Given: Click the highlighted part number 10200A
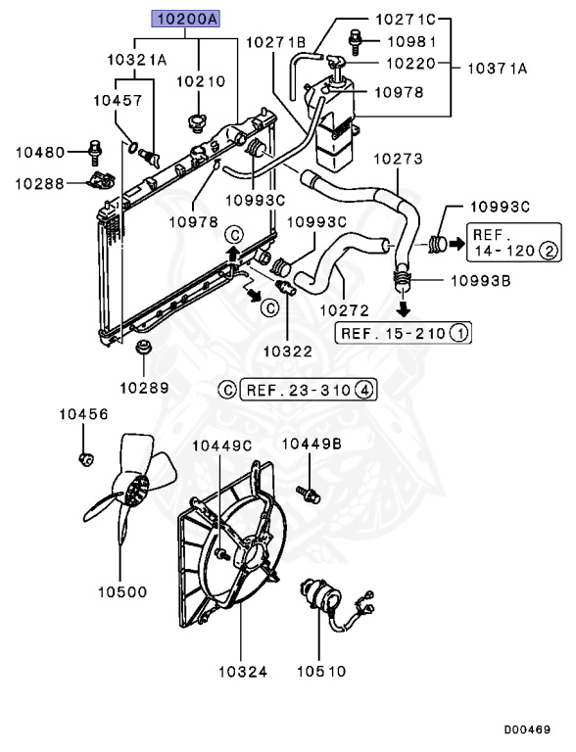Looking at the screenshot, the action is (x=186, y=19).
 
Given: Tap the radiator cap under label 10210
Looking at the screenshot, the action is (x=197, y=122).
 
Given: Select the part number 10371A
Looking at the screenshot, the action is (x=498, y=69).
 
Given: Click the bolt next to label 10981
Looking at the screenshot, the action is (x=356, y=43).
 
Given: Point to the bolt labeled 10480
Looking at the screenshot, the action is (x=96, y=152).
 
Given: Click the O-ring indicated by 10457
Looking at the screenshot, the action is (x=133, y=146).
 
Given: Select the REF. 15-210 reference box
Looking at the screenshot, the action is (x=404, y=333).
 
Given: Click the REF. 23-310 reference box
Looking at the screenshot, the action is (x=308, y=390).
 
